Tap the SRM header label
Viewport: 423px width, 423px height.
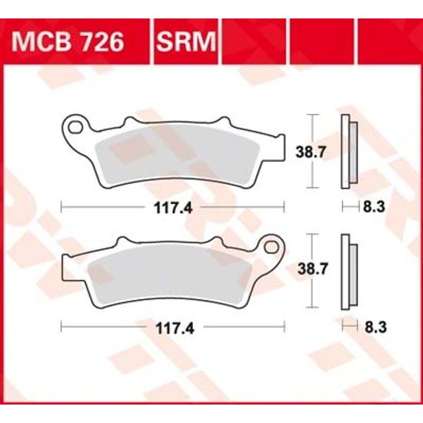(x=187, y=41)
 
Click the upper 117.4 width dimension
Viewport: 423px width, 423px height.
(x=172, y=207)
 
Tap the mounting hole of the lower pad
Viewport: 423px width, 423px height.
(x=271, y=245)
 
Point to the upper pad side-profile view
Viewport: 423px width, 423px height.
(x=347, y=152)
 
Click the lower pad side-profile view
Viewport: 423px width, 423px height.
(x=347, y=270)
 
